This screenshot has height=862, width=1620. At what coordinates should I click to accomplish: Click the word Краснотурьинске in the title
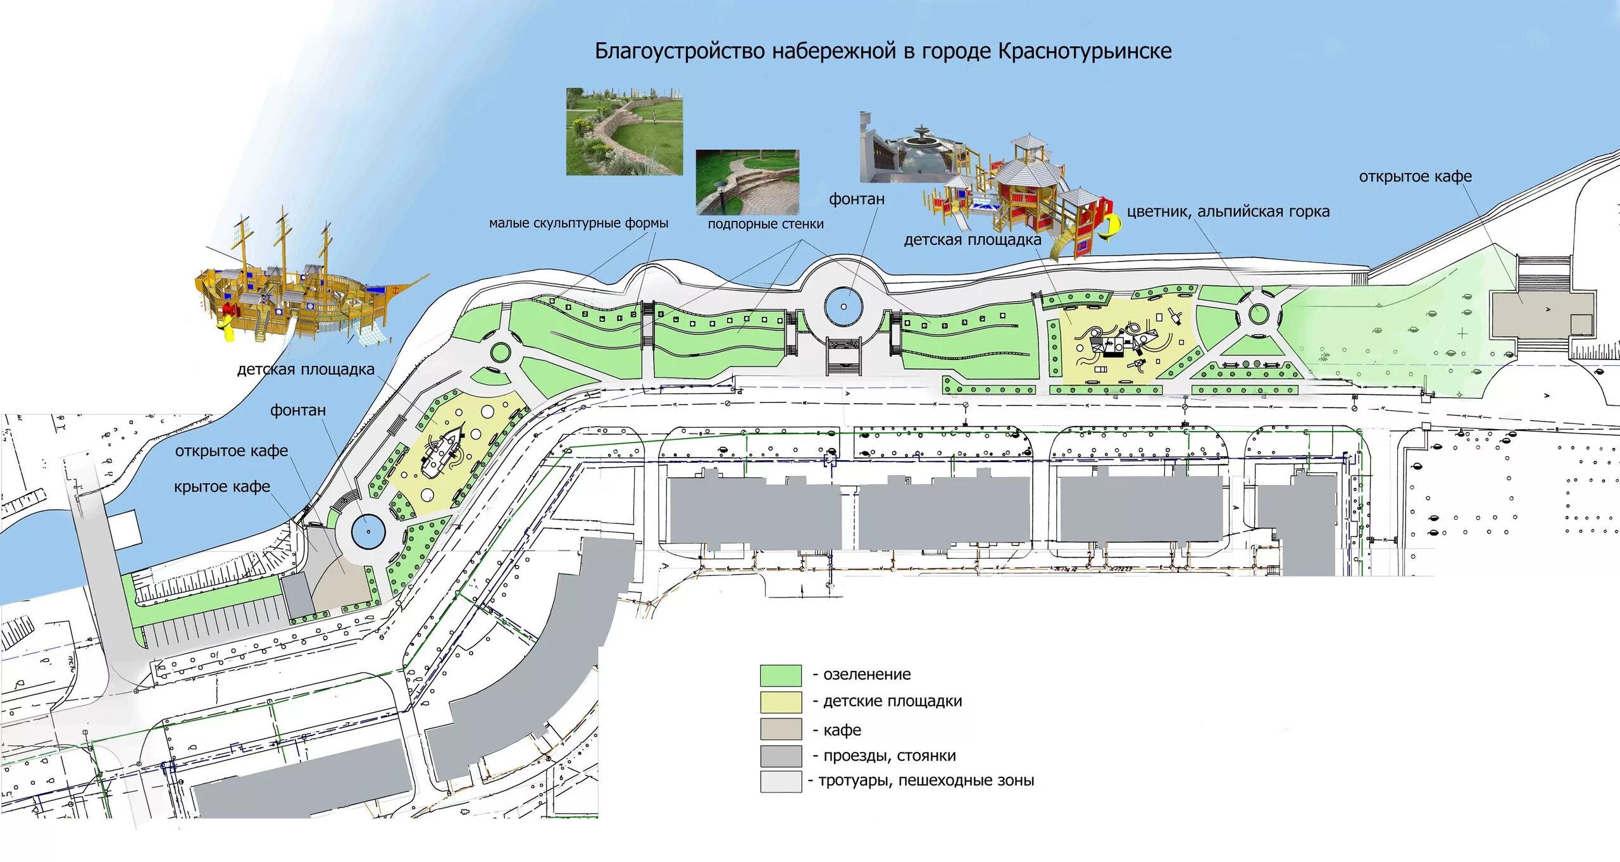(1085, 51)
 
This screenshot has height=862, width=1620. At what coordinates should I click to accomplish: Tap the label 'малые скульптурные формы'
(578, 223)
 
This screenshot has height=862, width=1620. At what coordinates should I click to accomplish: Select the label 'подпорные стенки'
(766, 224)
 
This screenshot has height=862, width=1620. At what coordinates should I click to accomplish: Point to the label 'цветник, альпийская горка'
(1228, 211)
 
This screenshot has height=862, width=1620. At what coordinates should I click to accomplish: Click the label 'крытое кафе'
(221, 487)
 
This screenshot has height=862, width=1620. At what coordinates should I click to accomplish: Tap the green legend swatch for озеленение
(780, 675)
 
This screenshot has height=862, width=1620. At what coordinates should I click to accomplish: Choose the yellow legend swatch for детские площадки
(780, 702)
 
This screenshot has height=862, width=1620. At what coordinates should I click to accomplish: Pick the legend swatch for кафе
(780, 729)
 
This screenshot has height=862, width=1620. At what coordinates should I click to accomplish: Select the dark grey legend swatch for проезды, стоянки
(780, 756)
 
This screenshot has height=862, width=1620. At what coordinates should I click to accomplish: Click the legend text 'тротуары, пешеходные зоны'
(926, 780)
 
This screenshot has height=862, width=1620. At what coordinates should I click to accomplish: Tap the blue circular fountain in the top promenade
(844, 306)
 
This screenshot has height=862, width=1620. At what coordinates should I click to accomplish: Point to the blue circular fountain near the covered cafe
(368, 531)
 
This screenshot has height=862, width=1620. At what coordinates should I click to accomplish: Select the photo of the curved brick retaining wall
(624, 131)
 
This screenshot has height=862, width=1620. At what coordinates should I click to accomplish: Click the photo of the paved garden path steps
(747, 182)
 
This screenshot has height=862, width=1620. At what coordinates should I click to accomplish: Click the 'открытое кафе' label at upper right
(1415, 177)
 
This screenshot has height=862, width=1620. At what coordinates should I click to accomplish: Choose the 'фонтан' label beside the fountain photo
(857, 199)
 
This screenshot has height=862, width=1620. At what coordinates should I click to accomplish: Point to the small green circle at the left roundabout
(500, 353)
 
